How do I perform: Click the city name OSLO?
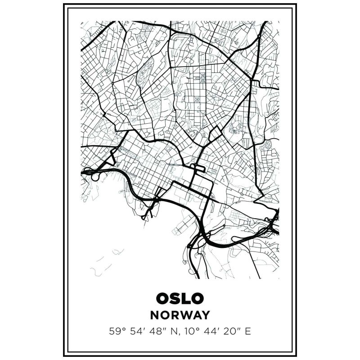(x=180, y=298)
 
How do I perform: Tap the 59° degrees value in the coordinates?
(x=116, y=332)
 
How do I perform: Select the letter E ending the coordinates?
(x=247, y=332)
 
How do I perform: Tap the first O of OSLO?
(x=163, y=298)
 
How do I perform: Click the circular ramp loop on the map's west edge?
(x=95, y=176)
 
